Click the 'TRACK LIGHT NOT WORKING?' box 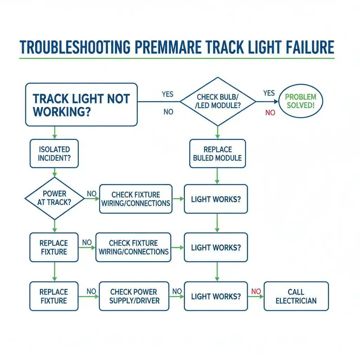click(x=81, y=105)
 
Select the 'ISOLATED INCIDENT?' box click(x=54, y=154)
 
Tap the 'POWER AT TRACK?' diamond click(x=54, y=198)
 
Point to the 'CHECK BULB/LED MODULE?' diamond click(x=218, y=102)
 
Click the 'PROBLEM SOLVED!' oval click(x=301, y=101)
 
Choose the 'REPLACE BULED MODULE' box click(x=217, y=154)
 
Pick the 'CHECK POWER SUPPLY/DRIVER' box click(x=134, y=296)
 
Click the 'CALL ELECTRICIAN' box click(x=296, y=296)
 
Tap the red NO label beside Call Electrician click(x=256, y=291)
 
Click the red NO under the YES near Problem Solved click(x=270, y=112)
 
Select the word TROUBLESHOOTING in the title click(x=75, y=47)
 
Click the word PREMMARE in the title click(x=168, y=47)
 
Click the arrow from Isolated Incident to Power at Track click(x=54, y=172)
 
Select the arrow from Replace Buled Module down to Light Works click(x=217, y=176)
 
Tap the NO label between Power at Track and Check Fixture click(x=92, y=194)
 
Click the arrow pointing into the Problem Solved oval click(x=267, y=102)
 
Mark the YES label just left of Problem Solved click(x=269, y=93)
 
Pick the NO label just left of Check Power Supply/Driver click(x=91, y=291)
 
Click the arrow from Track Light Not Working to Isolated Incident click(x=54, y=133)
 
